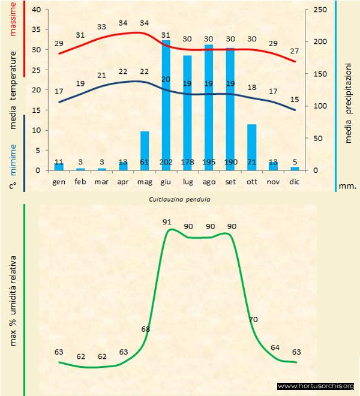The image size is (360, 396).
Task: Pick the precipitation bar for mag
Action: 145,150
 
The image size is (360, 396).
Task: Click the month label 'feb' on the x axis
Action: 80,181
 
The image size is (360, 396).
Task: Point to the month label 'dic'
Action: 295,181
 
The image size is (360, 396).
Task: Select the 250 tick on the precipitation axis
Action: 320,10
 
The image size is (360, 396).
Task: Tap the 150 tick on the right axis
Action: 320,74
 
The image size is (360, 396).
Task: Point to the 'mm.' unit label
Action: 347,186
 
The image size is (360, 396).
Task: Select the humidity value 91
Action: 167,222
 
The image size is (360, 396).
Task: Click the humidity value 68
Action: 145,329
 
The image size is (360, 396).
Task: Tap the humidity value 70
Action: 253,319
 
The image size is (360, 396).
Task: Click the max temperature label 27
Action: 295,51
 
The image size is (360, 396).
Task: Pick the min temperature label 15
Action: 295,100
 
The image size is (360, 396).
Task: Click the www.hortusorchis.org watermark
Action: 316,386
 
